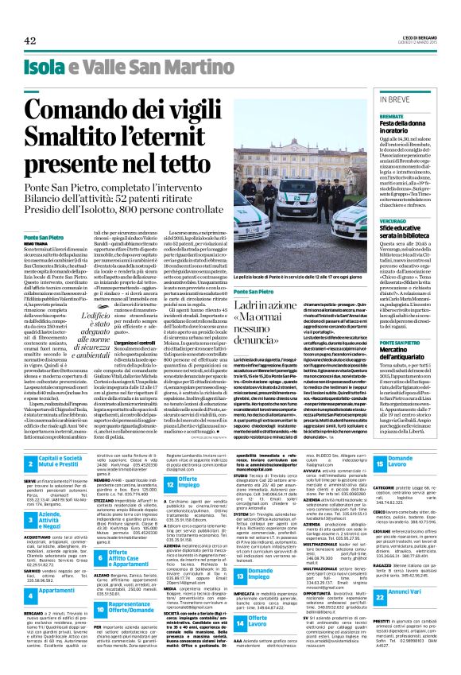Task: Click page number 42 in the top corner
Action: coord(30,41)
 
